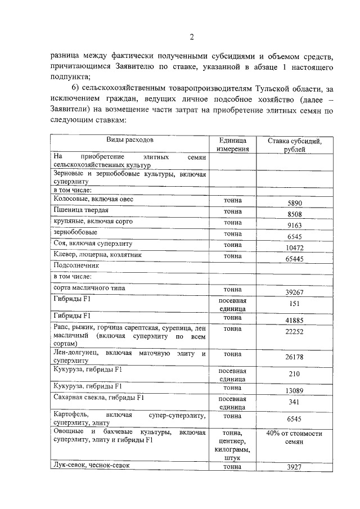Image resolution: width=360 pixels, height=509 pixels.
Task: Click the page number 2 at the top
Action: click(x=191, y=38)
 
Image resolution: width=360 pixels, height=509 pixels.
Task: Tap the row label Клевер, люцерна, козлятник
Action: click(x=98, y=255)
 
